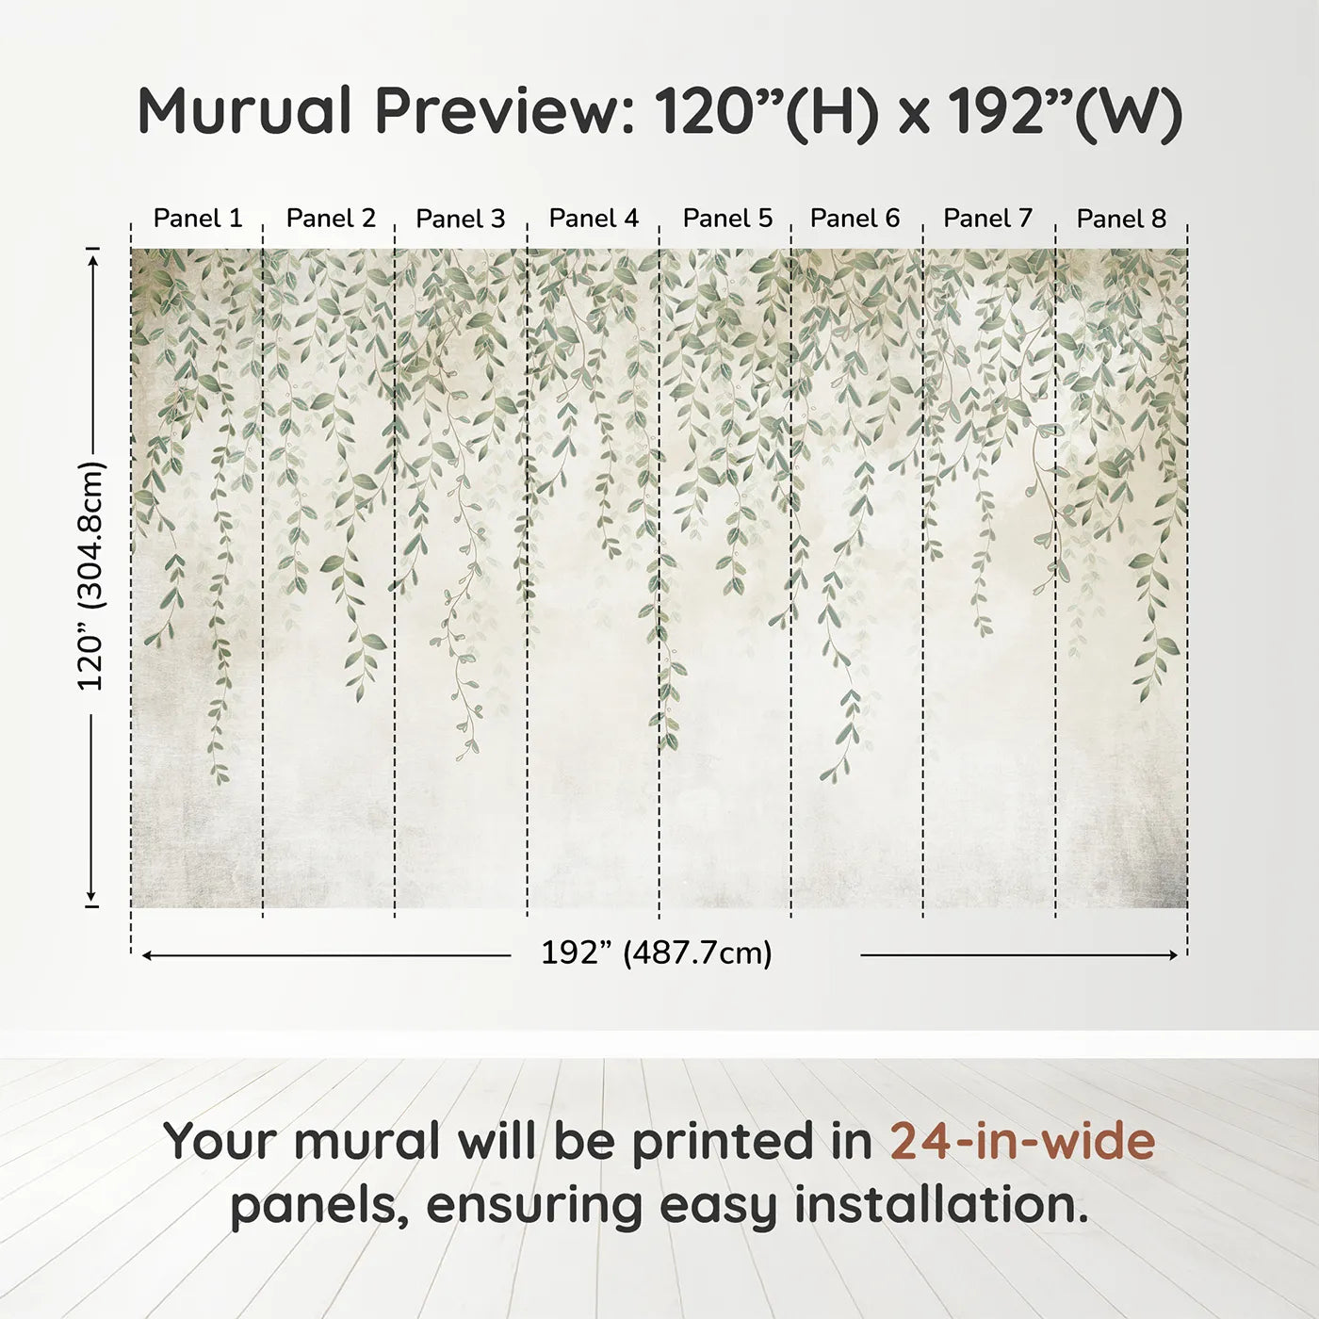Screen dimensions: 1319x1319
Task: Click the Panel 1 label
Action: click(x=198, y=219)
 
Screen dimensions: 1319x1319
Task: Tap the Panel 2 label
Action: click(x=331, y=219)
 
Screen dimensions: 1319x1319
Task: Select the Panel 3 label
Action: click(x=461, y=219)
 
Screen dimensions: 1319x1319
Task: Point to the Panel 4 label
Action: click(x=594, y=219)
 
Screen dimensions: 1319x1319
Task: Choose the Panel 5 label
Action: click(x=727, y=219)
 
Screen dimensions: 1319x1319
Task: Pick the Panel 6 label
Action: click(x=855, y=219)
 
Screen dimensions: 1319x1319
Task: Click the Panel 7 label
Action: click(x=987, y=219)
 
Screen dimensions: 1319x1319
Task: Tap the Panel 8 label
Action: click(x=1121, y=219)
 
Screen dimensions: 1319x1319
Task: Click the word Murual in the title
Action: click(x=245, y=111)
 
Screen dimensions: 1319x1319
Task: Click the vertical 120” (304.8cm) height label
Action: click(x=91, y=576)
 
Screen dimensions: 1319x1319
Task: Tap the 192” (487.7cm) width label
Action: click(x=656, y=953)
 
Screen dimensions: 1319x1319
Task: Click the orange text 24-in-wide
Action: click(x=1022, y=1141)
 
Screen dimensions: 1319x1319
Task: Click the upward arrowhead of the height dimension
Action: click(x=92, y=259)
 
